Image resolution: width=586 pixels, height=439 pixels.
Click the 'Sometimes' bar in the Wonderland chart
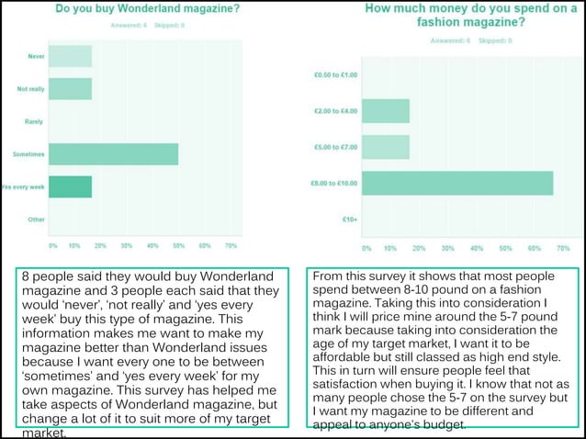tap(113, 154)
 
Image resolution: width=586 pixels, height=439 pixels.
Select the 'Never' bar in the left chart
tap(70, 56)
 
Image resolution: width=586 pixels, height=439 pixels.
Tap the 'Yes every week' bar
tap(70, 187)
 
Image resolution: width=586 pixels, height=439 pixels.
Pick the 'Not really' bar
tap(70, 89)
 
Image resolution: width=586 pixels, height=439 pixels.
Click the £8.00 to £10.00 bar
tap(457, 183)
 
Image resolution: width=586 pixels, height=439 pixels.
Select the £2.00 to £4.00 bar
tap(386, 111)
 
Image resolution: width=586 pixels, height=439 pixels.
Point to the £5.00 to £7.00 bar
tap(386, 147)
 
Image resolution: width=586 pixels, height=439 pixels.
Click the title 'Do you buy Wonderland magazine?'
tap(148, 9)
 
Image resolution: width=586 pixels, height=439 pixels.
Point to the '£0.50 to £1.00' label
tap(334, 75)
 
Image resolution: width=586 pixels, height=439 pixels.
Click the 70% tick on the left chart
tap(231, 246)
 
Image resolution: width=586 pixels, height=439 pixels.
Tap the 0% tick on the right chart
tap(366, 248)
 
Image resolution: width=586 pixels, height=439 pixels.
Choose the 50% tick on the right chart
tap(504, 248)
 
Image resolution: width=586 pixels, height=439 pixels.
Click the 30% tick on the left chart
tap(127, 246)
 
